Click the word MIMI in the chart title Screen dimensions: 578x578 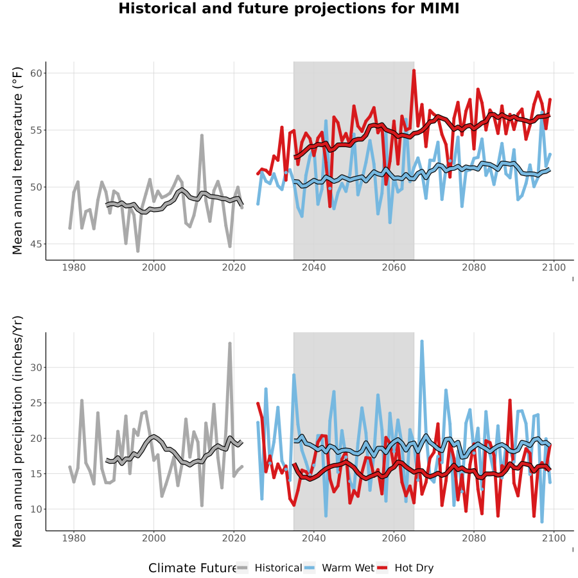pyautogui.click(x=440, y=8)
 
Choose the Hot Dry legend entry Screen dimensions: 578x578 pyautogui.click(x=405, y=568)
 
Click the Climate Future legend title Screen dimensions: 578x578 pyautogui.click(x=192, y=568)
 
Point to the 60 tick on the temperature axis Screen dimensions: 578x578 pyautogui.click(x=36, y=73)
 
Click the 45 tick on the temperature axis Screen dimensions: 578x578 pyautogui.click(x=36, y=244)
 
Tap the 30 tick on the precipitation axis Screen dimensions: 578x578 pyautogui.click(x=36, y=367)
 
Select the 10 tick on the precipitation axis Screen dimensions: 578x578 pyautogui.click(x=36, y=509)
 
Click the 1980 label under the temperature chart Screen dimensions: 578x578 pyautogui.click(x=74, y=267)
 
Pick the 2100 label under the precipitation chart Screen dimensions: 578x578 pyautogui.click(x=554, y=538)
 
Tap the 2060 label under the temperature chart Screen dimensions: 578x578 pyautogui.click(x=394, y=267)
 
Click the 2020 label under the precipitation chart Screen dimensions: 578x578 pyautogui.click(x=234, y=538)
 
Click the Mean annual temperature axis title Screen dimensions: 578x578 pyautogui.click(x=17, y=161)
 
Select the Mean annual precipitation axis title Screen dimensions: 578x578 pyautogui.click(x=17, y=432)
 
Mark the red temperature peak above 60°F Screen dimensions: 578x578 pyautogui.click(x=414, y=71)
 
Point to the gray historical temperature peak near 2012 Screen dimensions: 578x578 pyautogui.click(x=202, y=136)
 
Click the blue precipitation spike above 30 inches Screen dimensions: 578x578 pyautogui.click(x=422, y=342)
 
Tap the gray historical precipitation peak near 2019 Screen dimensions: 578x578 pyautogui.click(x=230, y=344)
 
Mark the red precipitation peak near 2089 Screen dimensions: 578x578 pyautogui.click(x=510, y=400)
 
